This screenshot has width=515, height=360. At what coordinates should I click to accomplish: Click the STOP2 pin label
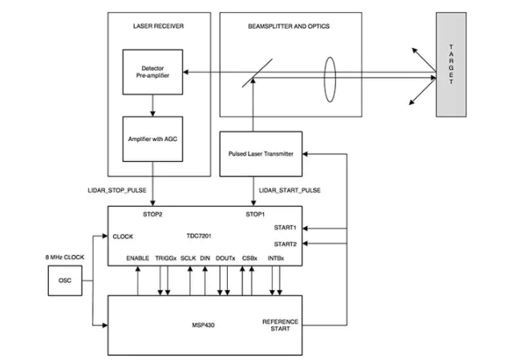152,215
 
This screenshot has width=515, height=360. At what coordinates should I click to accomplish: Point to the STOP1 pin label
254,215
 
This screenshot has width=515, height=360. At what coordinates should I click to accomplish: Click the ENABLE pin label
140,258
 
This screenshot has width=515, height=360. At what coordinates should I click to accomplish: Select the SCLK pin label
188,258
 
